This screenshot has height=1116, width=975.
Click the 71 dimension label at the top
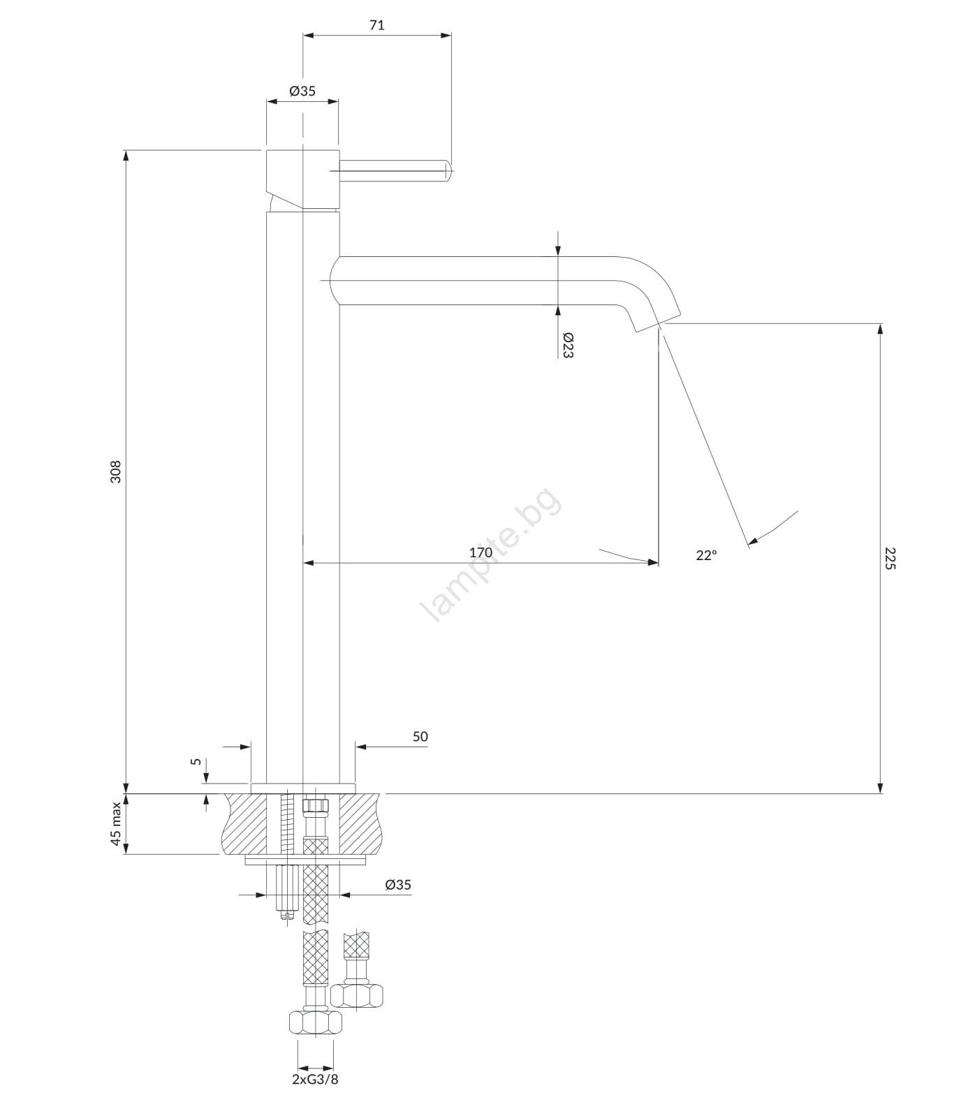tap(376, 25)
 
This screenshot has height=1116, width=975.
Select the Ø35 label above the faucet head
tap(302, 91)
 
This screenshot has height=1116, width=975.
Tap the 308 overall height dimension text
tap(116, 471)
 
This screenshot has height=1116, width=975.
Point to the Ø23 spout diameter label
tap(567, 345)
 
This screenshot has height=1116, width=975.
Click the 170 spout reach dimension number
tap(481, 552)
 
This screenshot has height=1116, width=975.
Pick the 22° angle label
tap(706, 555)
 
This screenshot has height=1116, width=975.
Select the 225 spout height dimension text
tap(889, 558)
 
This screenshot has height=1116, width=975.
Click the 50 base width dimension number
tap(420, 736)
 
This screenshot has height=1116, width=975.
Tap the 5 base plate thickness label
tap(196, 762)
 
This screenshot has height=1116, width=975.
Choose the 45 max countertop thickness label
tap(115, 823)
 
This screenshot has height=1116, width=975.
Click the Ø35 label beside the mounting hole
tap(398, 885)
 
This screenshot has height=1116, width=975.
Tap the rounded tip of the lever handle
tap(449, 168)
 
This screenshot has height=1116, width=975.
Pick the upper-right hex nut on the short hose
tap(358, 994)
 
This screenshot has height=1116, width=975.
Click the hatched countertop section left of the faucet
tap(244, 823)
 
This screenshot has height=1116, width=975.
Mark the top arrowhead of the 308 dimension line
tap(126, 156)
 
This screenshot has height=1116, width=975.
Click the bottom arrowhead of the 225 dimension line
tap(880, 787)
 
